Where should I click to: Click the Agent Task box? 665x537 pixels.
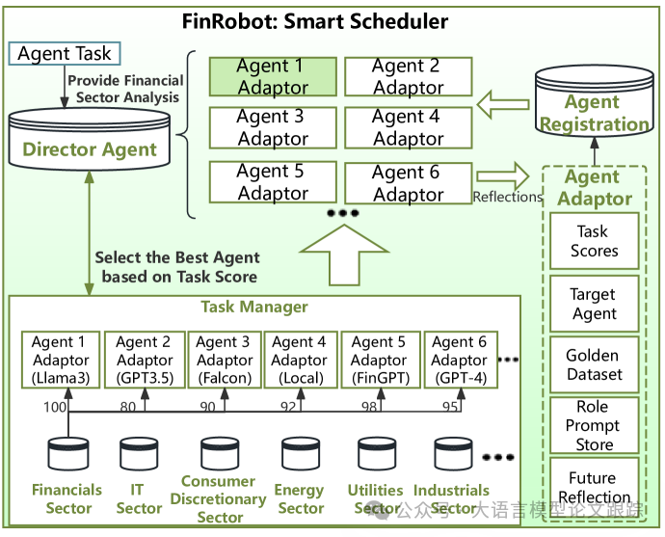[65, 53]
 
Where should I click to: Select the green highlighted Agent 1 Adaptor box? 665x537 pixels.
[273, 76]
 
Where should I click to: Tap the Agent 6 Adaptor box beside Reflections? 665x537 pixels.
[408, 182]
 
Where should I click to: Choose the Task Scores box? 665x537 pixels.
[594, 241]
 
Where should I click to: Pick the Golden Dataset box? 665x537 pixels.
[594, 364]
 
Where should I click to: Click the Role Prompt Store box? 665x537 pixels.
[594, 425]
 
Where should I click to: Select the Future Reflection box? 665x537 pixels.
[594, 487]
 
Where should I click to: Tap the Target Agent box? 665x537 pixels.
[594, 304]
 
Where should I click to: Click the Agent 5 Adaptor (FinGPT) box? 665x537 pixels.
[379, 360]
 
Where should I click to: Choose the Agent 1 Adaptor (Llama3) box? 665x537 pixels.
[60, 360]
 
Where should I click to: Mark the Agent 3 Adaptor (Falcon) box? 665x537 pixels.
[225, 360]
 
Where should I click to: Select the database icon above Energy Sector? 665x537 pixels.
[300, 454]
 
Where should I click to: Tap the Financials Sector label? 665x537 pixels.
[66, 498]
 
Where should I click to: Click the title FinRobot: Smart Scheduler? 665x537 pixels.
[316, 21]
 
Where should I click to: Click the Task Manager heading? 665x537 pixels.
[254, 308]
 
